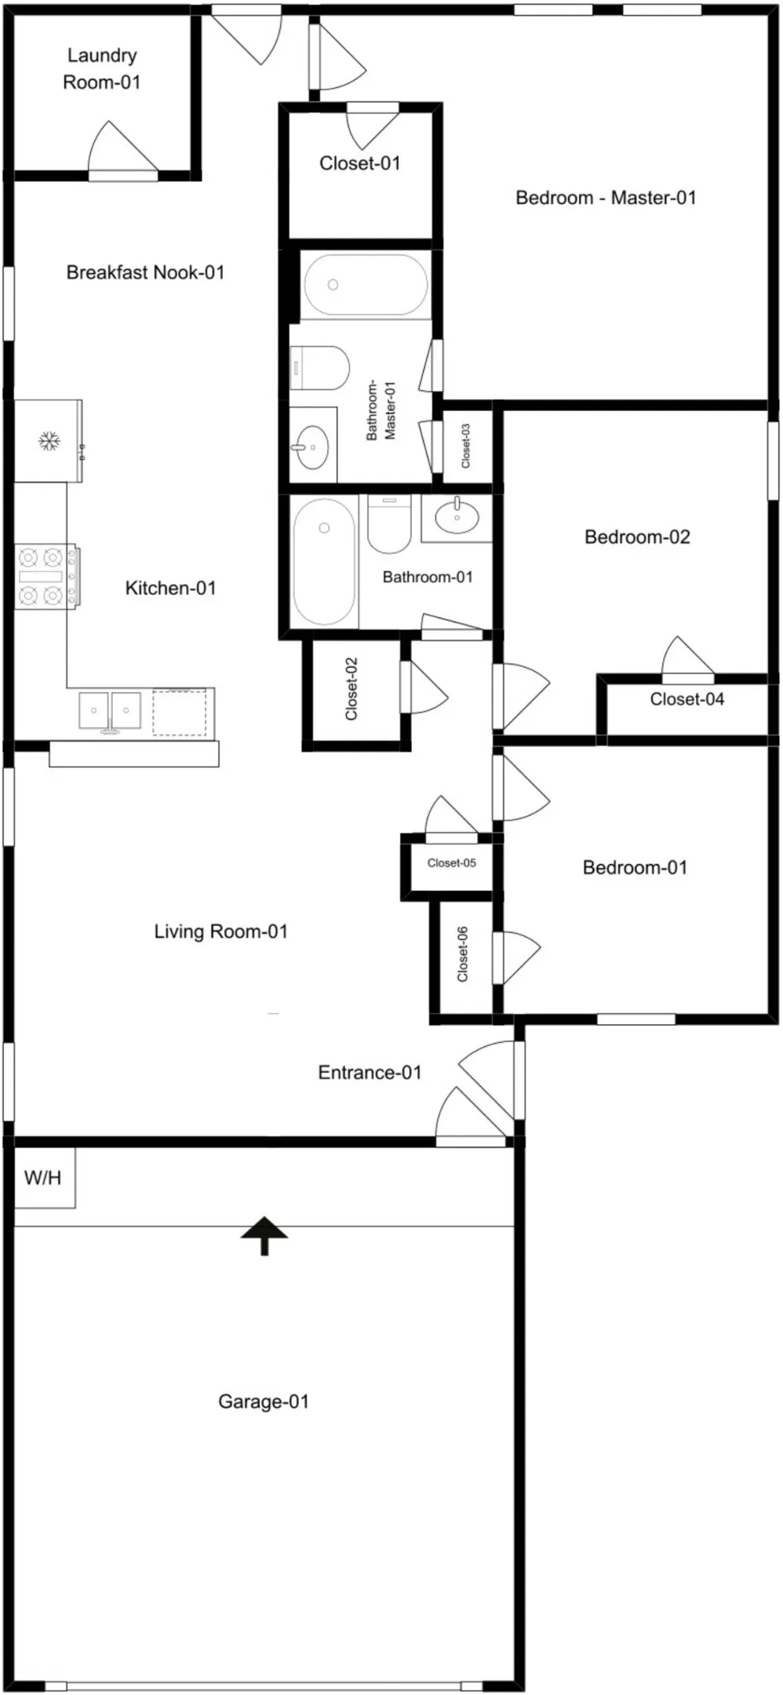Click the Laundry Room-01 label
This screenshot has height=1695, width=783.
(102, 69)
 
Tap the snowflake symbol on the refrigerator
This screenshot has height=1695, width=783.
(49, 441)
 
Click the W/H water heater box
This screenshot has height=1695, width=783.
(45, 1178)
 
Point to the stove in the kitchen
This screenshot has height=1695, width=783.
(48, 577)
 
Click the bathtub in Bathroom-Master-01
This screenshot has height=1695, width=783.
(366, 285)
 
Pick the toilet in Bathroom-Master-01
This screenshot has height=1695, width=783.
(319, 368)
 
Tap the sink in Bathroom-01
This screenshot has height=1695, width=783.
(457, 517)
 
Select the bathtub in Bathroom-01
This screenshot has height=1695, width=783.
(324, 562)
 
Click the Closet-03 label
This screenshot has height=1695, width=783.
(466, 446)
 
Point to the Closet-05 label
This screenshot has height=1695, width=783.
(452, 863)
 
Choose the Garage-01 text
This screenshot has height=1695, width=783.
(264, 1402)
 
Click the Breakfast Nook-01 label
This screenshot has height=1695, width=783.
(145, 272)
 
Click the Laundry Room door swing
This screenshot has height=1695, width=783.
(122, 149)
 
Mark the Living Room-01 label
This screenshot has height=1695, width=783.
(220, 931)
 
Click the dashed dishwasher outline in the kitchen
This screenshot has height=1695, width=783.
(180, 713)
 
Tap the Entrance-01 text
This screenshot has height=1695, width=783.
(370, 1073)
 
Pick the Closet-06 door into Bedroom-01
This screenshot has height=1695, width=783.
(515, 957)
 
